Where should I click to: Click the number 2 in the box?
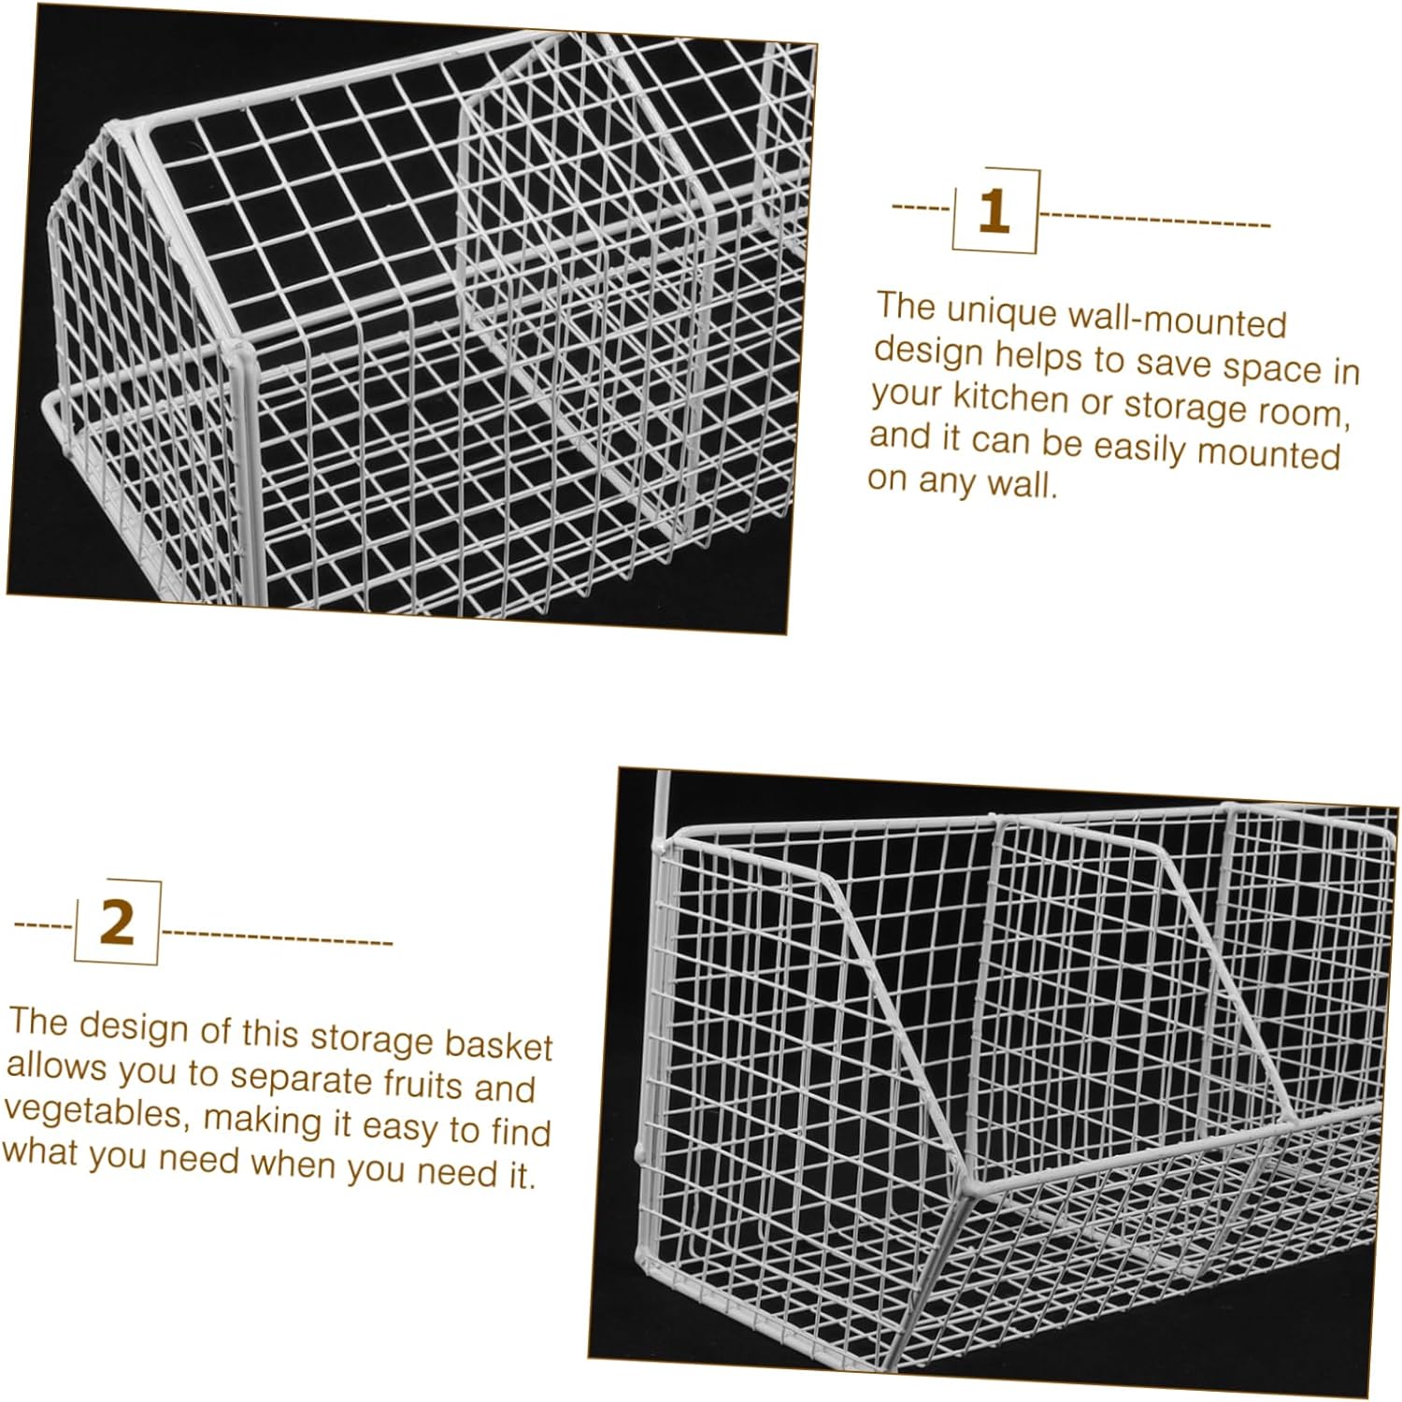[117, 923]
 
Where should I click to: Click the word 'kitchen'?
[1009, 399]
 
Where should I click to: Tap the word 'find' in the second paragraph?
[520, 1132]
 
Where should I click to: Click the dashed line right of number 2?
[278, 937]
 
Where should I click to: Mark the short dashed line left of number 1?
[921, 206]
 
